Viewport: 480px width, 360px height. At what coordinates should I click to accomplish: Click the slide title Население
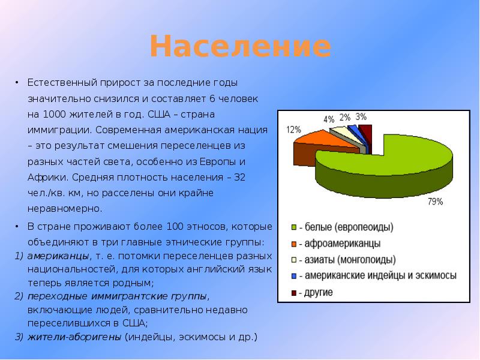(240, 47)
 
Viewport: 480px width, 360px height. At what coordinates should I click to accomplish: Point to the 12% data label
(293, 129)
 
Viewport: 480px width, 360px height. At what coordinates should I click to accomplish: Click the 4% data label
(329, 119)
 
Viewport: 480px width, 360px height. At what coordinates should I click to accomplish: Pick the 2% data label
(345, 117)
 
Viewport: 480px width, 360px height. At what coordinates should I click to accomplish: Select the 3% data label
(361, 117)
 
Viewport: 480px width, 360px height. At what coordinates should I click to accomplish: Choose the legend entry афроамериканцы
(342, 244)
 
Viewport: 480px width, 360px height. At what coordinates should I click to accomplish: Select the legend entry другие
(318, 292)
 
